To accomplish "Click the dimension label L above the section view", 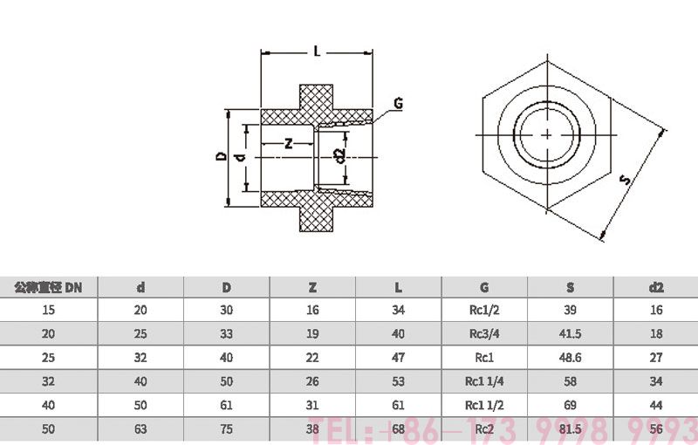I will point(317,51).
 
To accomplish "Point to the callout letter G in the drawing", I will point(397,104).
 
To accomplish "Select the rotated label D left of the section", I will point(222,157).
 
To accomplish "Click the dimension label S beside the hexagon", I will point(625,180).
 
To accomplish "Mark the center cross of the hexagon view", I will point(546,134).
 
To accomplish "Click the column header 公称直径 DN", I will point(48,286).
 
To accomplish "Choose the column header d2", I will point(656,286).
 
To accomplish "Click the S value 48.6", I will point(570,357).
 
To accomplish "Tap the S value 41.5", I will point(570,333).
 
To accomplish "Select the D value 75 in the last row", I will point(226,428).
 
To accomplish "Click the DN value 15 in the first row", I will point(48,310).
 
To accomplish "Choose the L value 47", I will point(399,357).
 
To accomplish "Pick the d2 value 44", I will point(656,405).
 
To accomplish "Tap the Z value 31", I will point(312,405).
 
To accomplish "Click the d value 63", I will point(140,428).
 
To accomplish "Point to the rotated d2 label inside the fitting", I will point(339,156).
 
